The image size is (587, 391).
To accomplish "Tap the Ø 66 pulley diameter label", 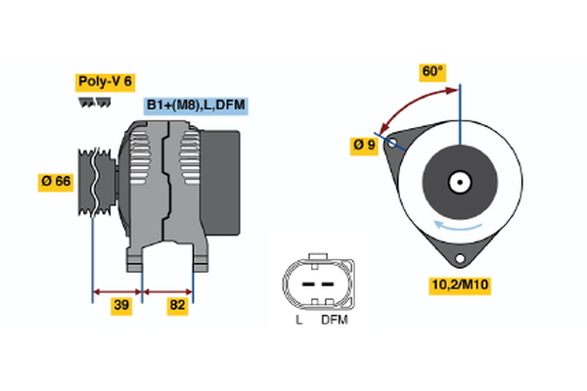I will tap(57, 183).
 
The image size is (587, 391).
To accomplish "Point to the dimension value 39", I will tap(121, 306).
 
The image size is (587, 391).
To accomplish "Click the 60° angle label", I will tap(433, 71).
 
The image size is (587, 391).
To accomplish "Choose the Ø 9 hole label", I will tap(364, 146).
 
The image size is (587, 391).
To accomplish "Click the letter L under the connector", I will tap(297, 320).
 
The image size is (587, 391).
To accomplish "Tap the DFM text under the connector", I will tap(334, 320).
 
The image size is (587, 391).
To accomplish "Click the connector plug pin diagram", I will tap(314, 282).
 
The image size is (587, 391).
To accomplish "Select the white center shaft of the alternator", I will tap(459, 182).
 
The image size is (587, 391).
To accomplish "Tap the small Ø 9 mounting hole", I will tap(394, 143).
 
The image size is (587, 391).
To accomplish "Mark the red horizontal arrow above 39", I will tap(117, 290).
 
